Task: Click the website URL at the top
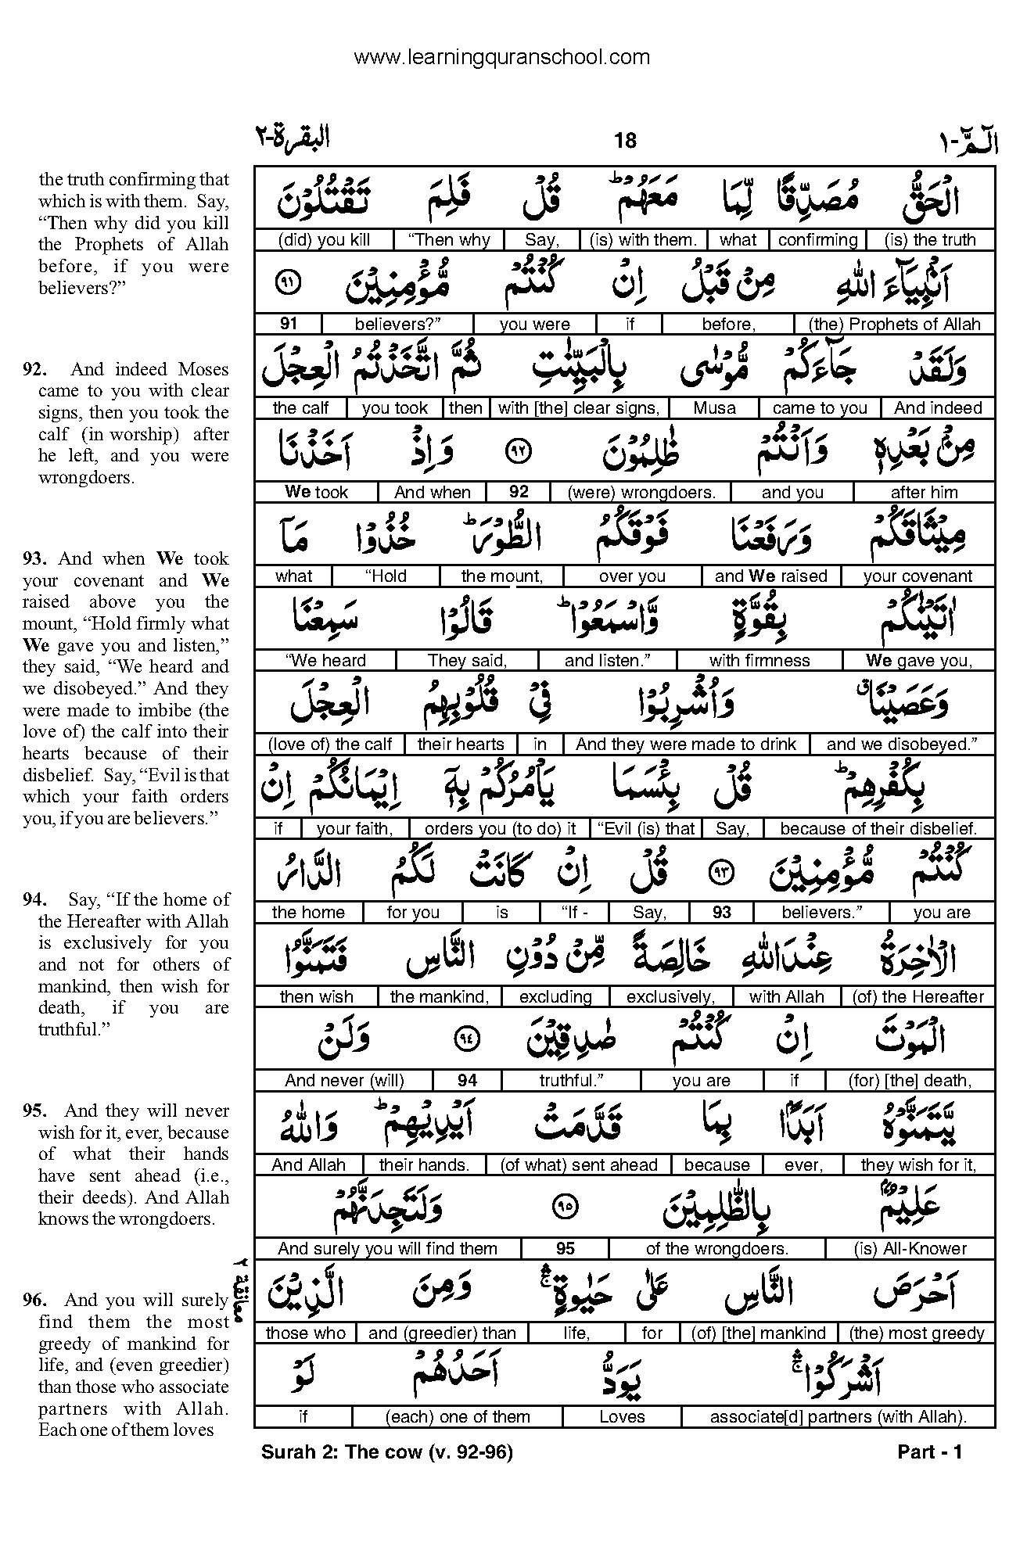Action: click(501, 57)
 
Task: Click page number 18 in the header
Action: click(625, 141)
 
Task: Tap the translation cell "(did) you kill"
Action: click(323, 240)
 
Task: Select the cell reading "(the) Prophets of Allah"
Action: click(894, 324)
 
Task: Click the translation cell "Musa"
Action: click(713, 408)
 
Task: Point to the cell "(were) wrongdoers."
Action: click(640, 492)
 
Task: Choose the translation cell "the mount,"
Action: click(501, 576)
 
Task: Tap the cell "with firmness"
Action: click(759, 661)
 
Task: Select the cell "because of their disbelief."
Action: click(878, 829)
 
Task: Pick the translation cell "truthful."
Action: click(570, 1081)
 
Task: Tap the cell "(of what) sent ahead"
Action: click(579, 1165)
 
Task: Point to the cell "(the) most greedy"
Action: click(916, 1333)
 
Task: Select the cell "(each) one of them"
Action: click(458, 1417)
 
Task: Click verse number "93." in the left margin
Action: click(35, 559)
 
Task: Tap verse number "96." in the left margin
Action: click(35, 1301)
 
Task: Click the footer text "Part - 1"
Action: click(929, 1452)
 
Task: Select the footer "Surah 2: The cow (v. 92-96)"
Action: click(386, 1452)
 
